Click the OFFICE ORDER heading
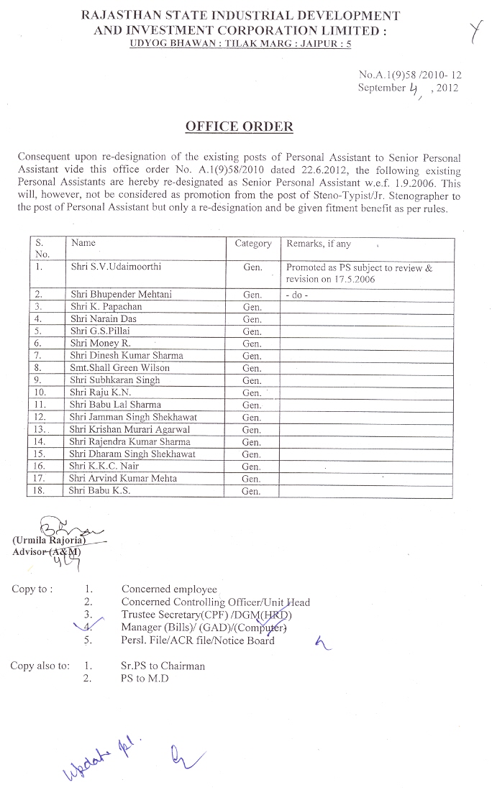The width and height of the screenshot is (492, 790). coord(240,127)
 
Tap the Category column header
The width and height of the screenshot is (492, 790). coord(252,244)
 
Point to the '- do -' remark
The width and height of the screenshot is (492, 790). coord(298,295)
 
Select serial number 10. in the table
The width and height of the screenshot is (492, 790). coord(40,392)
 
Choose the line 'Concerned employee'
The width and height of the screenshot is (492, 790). coord(169,590)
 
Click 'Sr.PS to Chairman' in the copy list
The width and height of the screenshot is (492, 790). coord(163,666)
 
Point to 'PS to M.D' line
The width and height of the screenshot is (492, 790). coord(145,679)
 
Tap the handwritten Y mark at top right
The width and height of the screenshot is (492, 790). coord(475,32)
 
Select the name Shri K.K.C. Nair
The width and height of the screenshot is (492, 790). coord(104,466)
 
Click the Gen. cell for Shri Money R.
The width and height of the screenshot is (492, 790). coord(252,343)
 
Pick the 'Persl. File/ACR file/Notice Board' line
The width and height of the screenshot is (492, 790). coord(198,640)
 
